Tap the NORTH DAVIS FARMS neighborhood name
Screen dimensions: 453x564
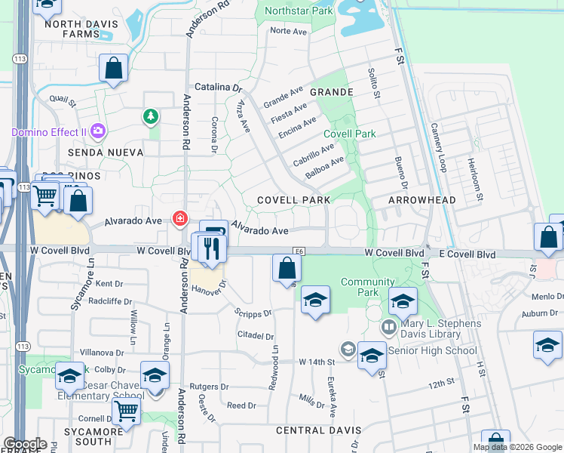pyautogui.click(x=81, y=29)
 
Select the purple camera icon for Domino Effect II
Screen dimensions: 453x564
pyautogui.click(x=97, y=133)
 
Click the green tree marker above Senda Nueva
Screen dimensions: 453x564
pyautogui.click(x=151, y=116)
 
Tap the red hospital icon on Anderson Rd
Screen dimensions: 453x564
pyautogui.click(x=180, y=220)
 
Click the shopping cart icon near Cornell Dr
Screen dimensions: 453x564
pyautogui.click(x=126, y=411)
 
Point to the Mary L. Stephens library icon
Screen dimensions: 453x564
pyautogui.click(x=389, y=327)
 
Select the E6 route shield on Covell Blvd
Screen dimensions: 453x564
pyautogui.click(x=299, y=250)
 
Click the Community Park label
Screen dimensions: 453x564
pyautogui.click(x=357, y=287)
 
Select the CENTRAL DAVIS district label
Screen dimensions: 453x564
pyautogui.click(x=318, y=430)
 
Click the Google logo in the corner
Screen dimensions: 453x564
pyautogui.click(x=25, y=443)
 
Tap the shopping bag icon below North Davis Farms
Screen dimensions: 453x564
pyautogui.click(x=113, y=69)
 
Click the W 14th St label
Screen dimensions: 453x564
pyautogui.click(x=317, y=362)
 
